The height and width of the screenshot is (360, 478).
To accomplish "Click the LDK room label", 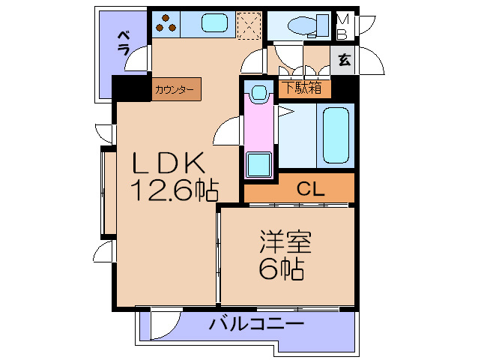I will tap(169, 163).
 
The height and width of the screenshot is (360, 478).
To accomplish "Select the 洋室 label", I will tap(285, 243).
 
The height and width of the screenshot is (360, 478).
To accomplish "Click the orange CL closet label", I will tap(309, 189).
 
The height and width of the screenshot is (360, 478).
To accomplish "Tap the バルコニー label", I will tap(256, 325).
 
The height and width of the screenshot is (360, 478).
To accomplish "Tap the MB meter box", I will tap(342, 25).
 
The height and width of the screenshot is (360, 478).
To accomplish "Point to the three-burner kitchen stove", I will tap(166, 24).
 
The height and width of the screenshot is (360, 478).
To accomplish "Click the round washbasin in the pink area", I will tap(259, 94).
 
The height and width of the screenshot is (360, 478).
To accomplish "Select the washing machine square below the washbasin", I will tap(258, 163).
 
